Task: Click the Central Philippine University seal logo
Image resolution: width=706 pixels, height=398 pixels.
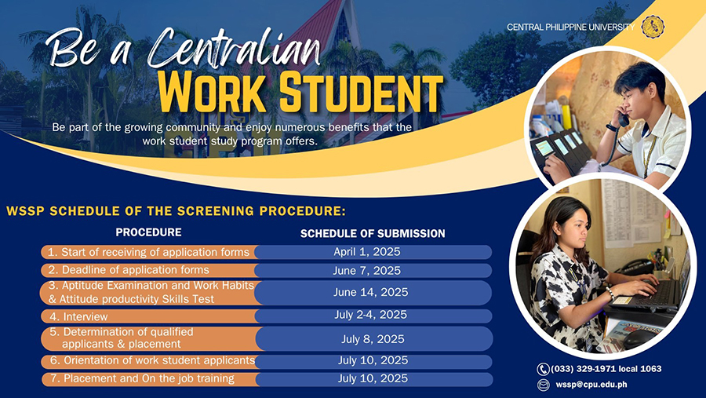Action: pyautogui.click(x=653, y=27)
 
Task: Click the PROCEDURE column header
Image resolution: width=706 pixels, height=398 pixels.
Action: pyautogui.click(x=148, y=232)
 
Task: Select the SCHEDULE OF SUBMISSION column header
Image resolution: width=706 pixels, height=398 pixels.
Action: pyautogui.click(x=373, y=233)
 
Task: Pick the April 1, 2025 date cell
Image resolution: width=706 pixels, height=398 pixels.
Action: pyautogui.click(x=367, y=251)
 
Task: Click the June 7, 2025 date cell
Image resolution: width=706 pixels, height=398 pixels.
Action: pyautogui.click(x=367, y=271)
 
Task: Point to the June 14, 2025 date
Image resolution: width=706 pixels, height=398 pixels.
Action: pyautogui.click(x=370, y=292)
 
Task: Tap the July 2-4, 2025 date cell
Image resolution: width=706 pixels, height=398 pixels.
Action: pyautogui.click(x=370, y=315)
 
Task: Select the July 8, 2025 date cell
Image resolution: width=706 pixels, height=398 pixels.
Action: pyautogui.click(x=373, y=339)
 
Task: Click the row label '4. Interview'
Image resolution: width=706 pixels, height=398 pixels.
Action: pyautogui.click(x=78, y=317)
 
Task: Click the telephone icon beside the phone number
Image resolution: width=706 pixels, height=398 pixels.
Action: pyautogui.click(x=543, y=369)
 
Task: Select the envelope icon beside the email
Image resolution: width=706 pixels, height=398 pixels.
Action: pyautogui.click(x=544, y=385)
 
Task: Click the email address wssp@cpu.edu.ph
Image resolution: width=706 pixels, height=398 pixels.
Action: pyautogui.click(x=591, y=385)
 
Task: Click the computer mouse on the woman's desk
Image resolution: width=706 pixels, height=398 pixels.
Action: pyautogui.click(x=638, y=338)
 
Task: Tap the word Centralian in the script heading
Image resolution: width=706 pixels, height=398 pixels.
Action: pyautogui.click(x=234, y=49)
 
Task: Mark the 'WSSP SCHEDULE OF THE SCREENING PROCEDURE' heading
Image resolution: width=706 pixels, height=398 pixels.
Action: pyautogui.click(x=176, y=211)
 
